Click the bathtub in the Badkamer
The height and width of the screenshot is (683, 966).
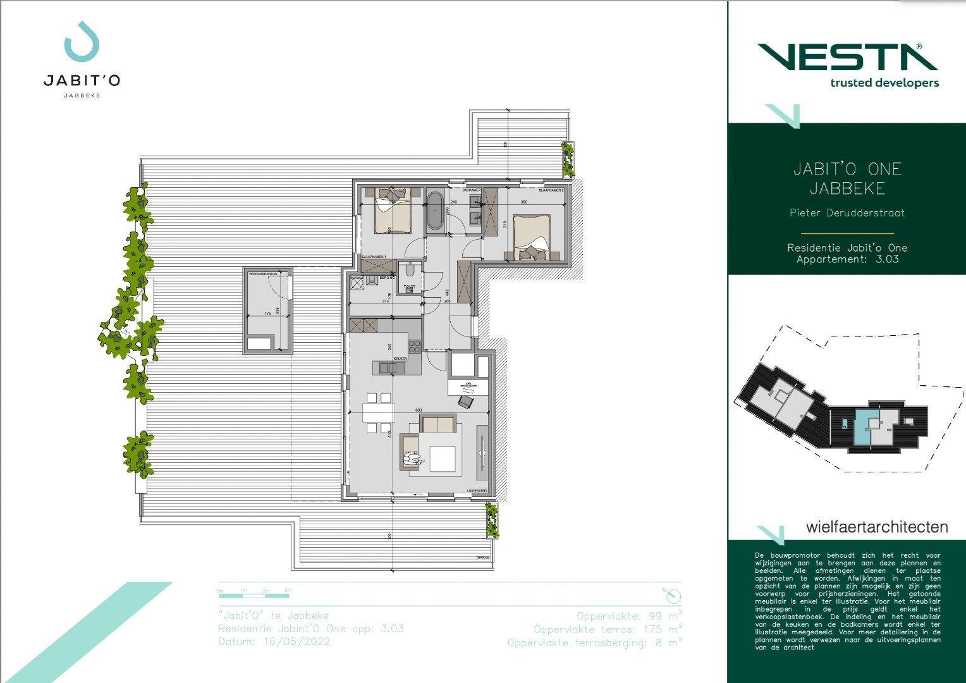pyautogui.click(x=435, y=211)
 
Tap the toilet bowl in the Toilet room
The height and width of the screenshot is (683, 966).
pyautogui.click(x=410, y=271)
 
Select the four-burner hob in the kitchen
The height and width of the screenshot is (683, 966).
pyautogui.click(x=414, y=347)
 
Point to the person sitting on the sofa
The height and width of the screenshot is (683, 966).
pyautogui.click(x=414, y=460)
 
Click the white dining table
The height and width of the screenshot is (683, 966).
pyautogui.click(x=378, y=413)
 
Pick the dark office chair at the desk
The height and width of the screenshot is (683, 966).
pyautogui.click(x=465, y=401)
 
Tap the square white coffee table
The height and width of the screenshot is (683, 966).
pyautogui.click(x=443, y=458)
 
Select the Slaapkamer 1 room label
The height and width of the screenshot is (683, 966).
pyautogui.click(x=374, y=257)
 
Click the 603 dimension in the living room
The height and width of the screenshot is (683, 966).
pyautogui.click(x=419, y=410)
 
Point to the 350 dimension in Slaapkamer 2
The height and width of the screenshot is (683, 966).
pyautogui.click(x=523, y=202)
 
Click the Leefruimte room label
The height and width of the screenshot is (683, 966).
pyautogui.click(x=477, y=491)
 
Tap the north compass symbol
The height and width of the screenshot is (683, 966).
pyautogui.click(x=674, y=596)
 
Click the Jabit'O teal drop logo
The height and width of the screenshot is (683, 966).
pyautogui.click(x=82, y=42)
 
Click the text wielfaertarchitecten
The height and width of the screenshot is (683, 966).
pyautogui.click(x=876, y=527)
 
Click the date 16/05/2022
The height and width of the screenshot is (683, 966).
pyautogui.click(x=297, y=641)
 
